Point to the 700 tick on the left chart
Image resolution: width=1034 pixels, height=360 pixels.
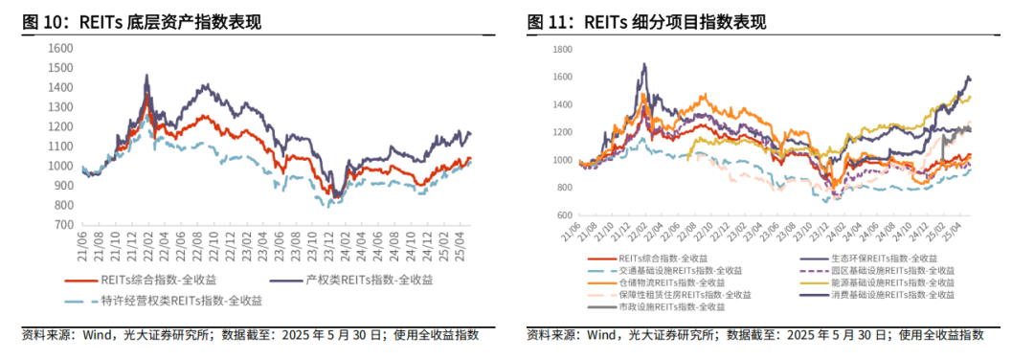(x=63, y=225)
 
